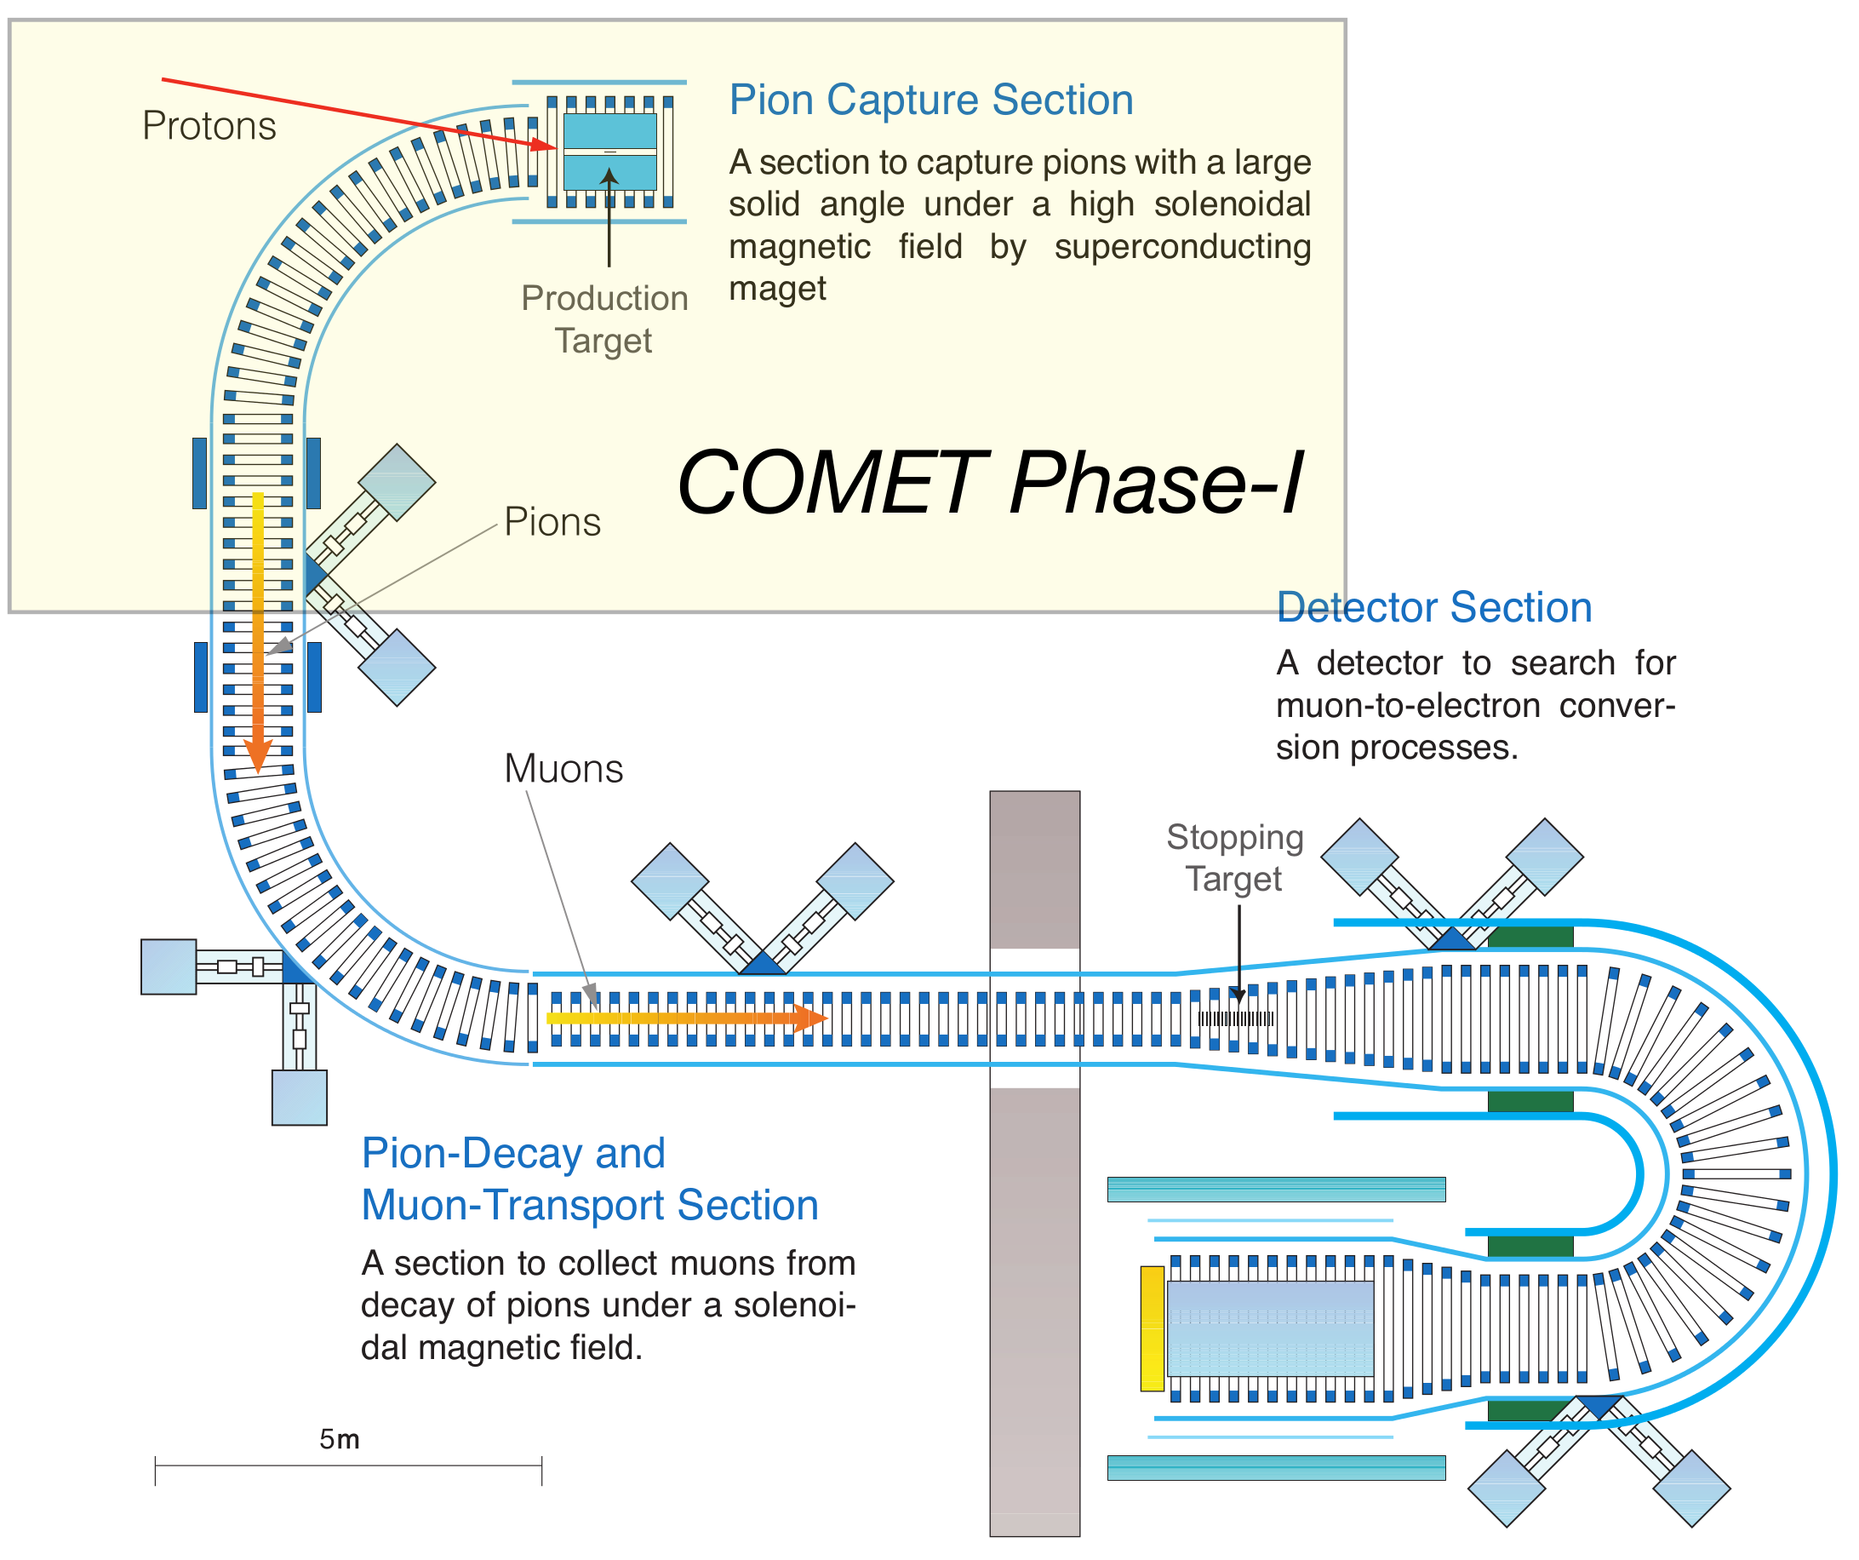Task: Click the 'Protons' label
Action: click(209, 127)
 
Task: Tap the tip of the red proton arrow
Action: click(555, 148)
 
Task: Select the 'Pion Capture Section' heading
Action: click(930, 100)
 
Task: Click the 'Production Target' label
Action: click(604, 319)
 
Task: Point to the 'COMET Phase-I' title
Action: click(990, 484)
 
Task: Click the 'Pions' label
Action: click(552, 522)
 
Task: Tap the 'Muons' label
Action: click(563, 768)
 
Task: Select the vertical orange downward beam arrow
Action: click(258, 638)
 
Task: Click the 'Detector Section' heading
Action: click(1434, 608)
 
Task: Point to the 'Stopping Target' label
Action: click(1234, 857)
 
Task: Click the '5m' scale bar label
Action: click(339, 1440)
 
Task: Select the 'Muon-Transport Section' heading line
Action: click(590, 1206)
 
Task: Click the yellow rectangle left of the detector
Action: click(1152, 1328)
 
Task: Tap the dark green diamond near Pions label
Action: click(397, 482)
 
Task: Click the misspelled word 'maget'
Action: click(777, 290)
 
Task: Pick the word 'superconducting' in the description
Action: click(1181, 247)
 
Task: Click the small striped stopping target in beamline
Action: click(1237, 1019)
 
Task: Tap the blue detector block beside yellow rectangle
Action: click(1270, 1328)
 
